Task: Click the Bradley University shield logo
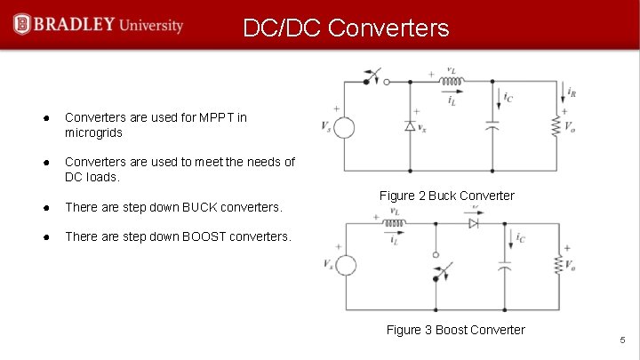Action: [x=21, y=24]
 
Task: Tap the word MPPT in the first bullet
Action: [x=208, y=116]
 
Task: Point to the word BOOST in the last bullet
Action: [x=210, y=236]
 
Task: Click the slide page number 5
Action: [x=623, y=340]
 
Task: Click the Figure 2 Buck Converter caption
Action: [x=446, y=196]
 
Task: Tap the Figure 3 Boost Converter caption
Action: [x=455, y=331]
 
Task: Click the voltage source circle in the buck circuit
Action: [x=344, y=128]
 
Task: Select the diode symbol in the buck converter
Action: [x=410, y=126]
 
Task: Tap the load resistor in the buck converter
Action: [x=560, y=124]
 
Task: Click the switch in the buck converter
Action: [x=375, y=77]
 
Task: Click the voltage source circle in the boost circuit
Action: [x=347, y=266]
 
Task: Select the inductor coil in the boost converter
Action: [x=391, y=224]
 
